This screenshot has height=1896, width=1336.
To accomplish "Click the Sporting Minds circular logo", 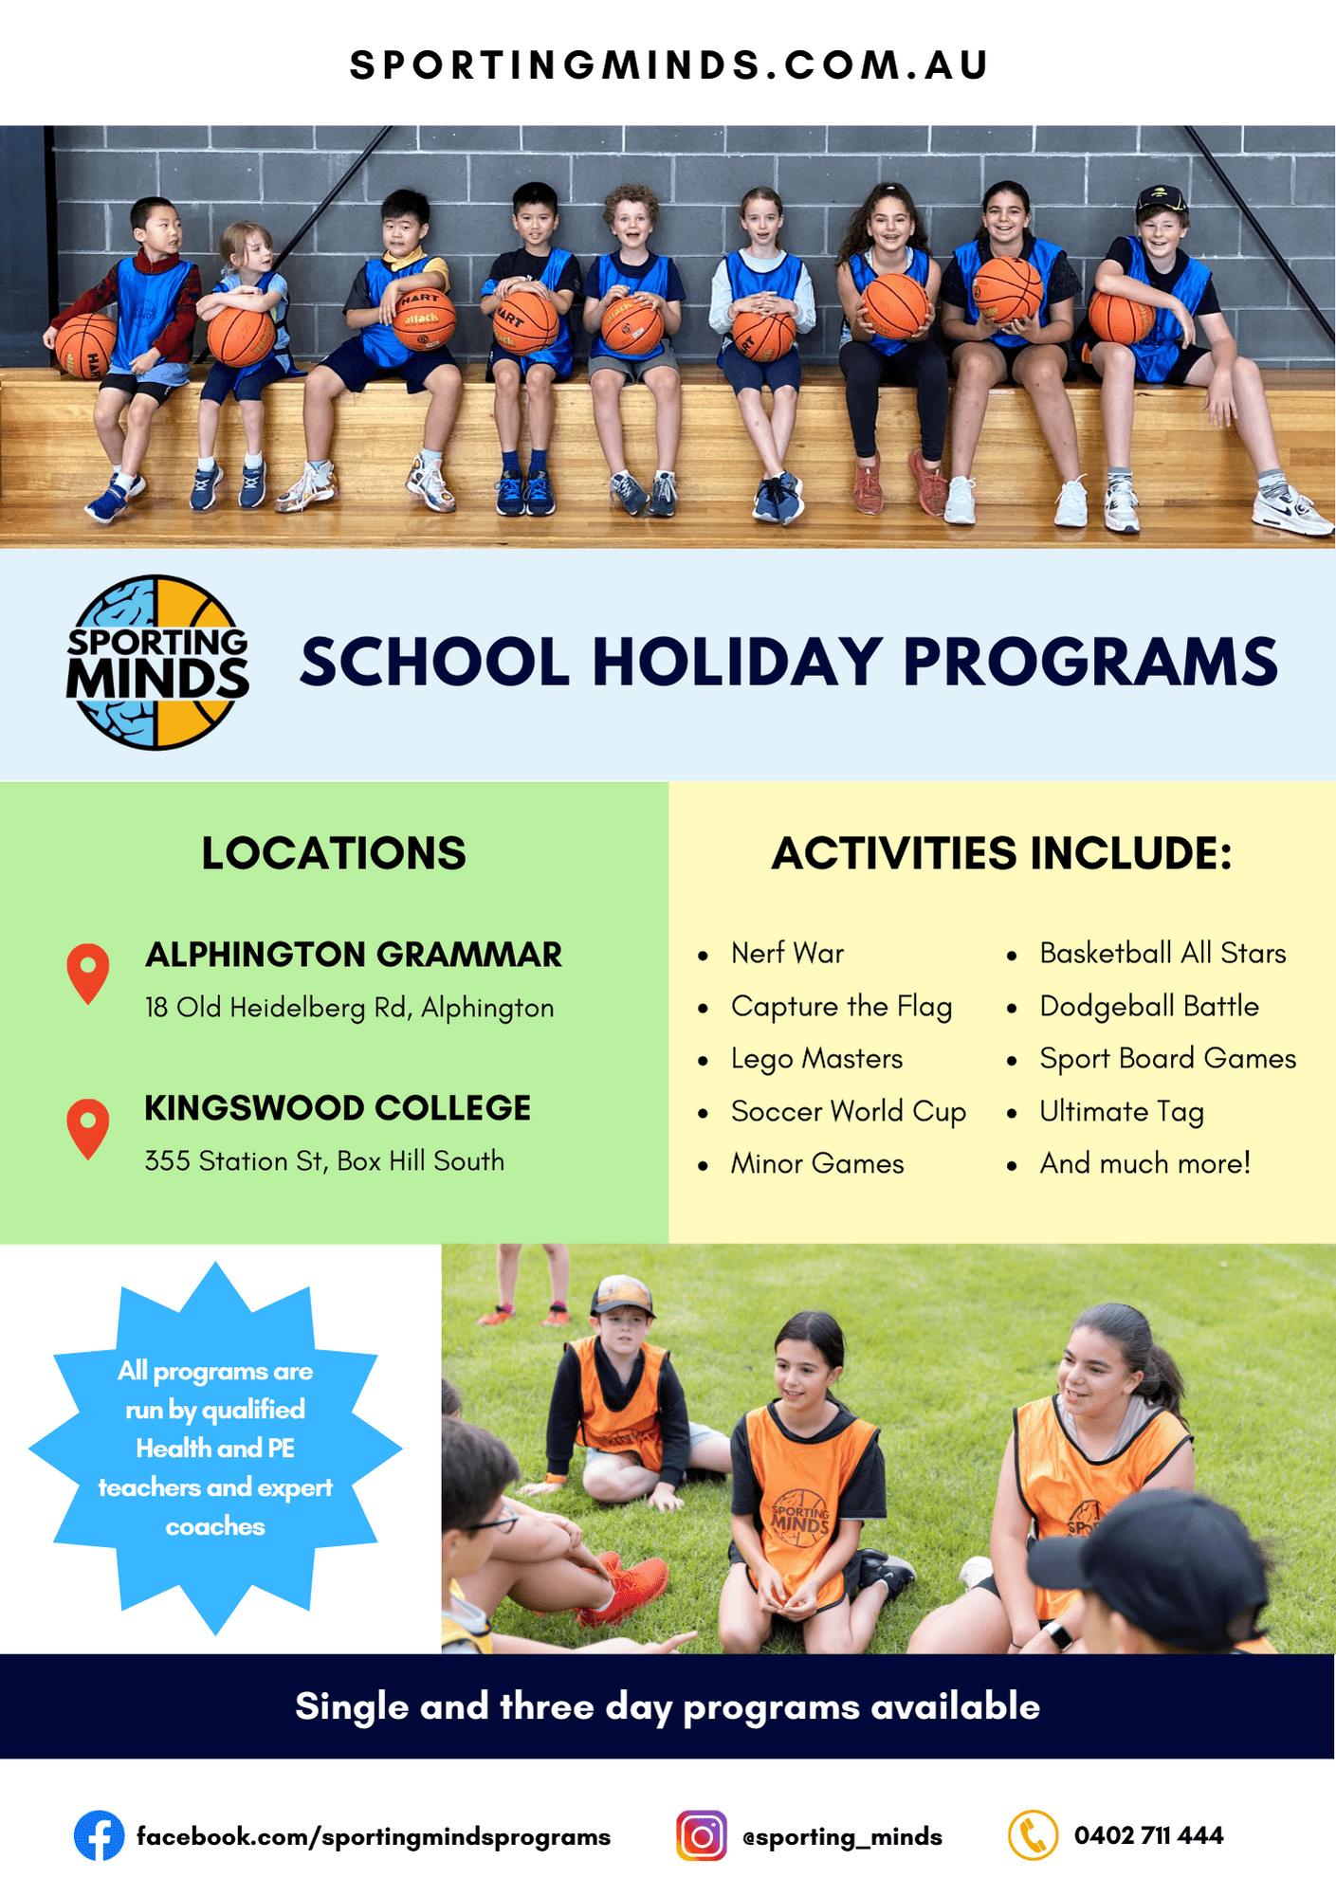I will pyautogui.click(x=157, y=663).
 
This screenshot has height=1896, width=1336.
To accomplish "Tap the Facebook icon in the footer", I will pyautogui.click(x=99, y=1835).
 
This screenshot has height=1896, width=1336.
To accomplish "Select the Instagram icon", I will pyautogui.click(x=701, y=1835).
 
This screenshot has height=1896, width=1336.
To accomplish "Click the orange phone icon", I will pyautogui.click(x=1032, y=1835).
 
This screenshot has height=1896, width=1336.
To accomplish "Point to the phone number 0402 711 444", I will pyautogui.click(x=1148, y=1835).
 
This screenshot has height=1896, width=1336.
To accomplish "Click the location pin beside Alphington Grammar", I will pyautogui.click(x=88, y=972).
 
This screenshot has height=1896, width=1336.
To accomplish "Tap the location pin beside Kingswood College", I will pyautogui.click(x=88, y=1126).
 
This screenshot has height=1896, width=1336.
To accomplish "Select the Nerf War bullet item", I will pyautogui.click(x=787, y=953).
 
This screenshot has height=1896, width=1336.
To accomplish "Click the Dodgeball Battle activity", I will pyautogui.click(x=1148, y=1006).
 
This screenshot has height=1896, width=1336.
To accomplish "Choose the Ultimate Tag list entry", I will pyautogui.click(x=1121, y=1111).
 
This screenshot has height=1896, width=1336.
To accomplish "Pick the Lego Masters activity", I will pyautogui.click(x=816, y=1058).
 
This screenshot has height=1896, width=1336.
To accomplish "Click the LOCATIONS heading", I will pyautogui.click(x=334, y=853).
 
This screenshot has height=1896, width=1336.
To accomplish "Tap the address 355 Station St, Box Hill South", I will pyautogui.click(x=324, y=1160).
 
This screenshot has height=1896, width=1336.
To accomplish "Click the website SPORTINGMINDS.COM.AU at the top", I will pyautogui.click(x=668, y=65).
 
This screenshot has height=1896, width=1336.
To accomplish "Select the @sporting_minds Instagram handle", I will pyautogui.click(x=842, y=1836).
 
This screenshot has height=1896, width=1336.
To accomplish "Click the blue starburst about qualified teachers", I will pyautogui.click(x=215, y=1448).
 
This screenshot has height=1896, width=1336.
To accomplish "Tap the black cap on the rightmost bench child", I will pyautogui.click(x=1162, y=197).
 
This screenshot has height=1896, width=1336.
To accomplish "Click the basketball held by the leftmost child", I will pyautogui.click(x=85, y=343).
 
